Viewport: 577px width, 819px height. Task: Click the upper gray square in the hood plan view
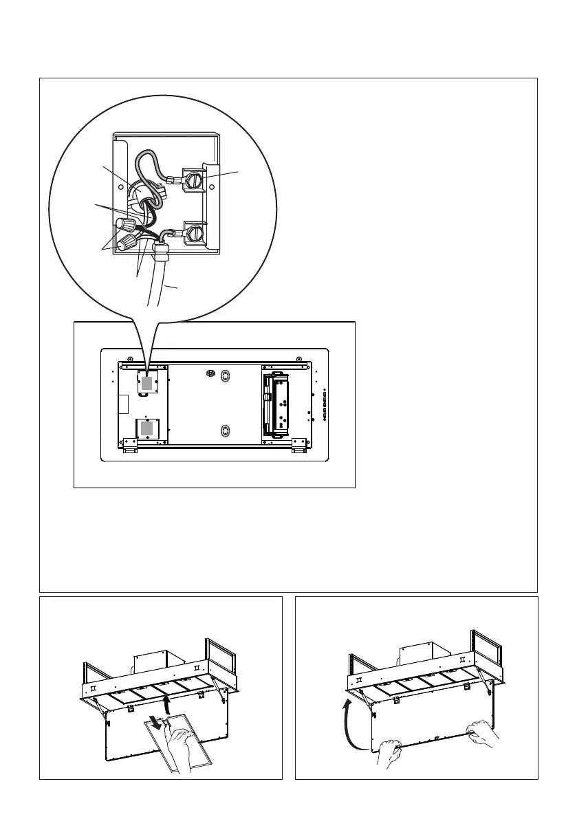point(146,383)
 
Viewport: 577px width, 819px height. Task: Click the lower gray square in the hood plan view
point(146,430)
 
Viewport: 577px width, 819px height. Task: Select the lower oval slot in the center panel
point(224,431)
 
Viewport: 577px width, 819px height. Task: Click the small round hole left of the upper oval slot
point(210,373)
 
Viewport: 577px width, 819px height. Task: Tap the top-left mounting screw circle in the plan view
point(128,359)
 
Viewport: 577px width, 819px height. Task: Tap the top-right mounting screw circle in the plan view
point(298,359)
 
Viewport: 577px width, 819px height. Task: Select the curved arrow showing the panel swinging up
point(348,723)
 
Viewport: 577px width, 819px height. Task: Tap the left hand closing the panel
point(390,751)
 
